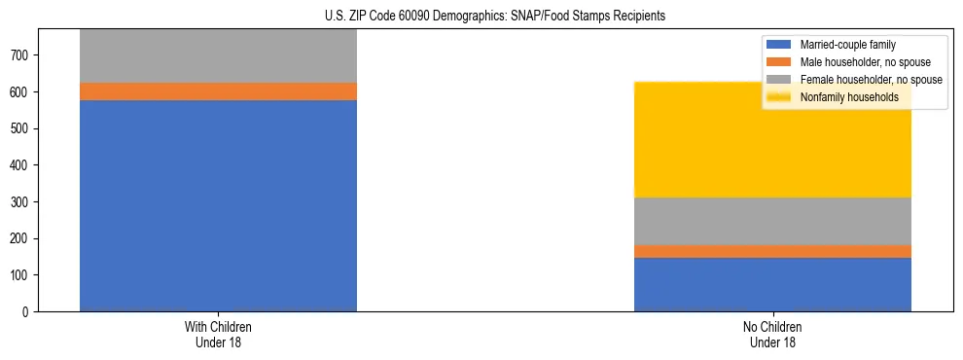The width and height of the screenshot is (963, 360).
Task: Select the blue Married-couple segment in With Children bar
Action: pos(218,205)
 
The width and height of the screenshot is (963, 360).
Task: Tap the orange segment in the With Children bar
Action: pos(218,91)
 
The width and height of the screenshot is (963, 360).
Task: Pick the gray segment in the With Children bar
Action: pos(218,56)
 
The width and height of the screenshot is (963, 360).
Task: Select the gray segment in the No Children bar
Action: pos(772,221)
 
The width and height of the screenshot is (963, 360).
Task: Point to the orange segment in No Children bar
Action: pos(772,251)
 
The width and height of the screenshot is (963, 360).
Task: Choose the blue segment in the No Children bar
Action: pos(772,284)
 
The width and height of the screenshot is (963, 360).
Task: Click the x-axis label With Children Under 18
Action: pos(218,334)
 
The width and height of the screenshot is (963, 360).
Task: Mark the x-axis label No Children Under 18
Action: pos(772,334)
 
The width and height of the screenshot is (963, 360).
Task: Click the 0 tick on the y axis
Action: pos(28,311)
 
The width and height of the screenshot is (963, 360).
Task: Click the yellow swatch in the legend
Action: pos(780,97)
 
